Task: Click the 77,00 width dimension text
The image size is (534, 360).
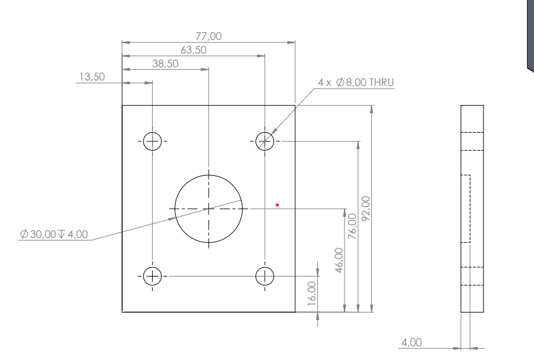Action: tap(208, 37)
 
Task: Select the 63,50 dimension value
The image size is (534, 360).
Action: tap(193, 50)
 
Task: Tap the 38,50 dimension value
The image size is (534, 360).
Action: tap(165, 64)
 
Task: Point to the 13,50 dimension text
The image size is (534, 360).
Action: tap(92, 77)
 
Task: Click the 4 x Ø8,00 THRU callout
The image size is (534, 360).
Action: tap(356, 82)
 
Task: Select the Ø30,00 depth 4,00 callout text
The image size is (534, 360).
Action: tap(54, 235)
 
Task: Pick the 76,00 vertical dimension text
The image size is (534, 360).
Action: tap(352, 226)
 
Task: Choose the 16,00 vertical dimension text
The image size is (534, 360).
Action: tap(312, 293)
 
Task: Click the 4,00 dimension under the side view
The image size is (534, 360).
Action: tap(411, 343)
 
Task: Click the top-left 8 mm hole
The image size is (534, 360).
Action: tap(152, 141)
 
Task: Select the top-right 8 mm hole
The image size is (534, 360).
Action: tap(265, 141)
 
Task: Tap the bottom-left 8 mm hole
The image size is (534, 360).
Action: tap(152, 275)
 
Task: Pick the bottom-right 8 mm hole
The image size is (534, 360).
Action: tap(265, 275)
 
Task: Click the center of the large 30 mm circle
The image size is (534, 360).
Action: tap(208, 208)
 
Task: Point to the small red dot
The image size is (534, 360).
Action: tap(277, 204)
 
